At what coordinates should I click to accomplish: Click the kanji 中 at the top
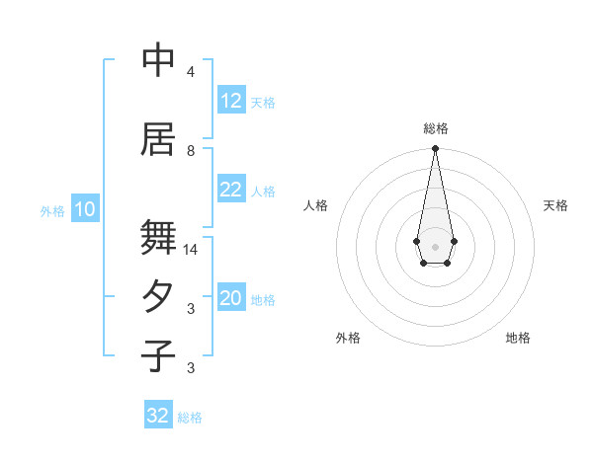click(x=158, y=61)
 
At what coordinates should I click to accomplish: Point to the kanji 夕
click(x=158, y=297)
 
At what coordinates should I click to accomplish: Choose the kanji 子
click(x=158, y=356)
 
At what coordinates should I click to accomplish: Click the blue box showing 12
click(x=231, y=101)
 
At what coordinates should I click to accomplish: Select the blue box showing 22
click(x=231, y=190)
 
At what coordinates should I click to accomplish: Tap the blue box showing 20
click(x=231, y=299)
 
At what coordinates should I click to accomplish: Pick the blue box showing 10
click(x=85, y=209)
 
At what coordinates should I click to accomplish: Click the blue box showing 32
click(x=158, y=416)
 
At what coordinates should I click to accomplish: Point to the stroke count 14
click(x=191, y=250)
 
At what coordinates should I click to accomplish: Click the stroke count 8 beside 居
click(x=191, y=150)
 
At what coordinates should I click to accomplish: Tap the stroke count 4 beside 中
click(x=191, y=72)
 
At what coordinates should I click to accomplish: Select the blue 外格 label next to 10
click(x=52, y=210)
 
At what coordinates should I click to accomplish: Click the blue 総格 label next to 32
click(x=190, y=418)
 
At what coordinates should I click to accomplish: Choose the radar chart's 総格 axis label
click(x=435, y=128)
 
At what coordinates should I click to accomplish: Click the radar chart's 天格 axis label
click(x=555, y=205)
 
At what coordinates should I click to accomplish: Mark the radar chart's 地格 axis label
click(x=518, y=338)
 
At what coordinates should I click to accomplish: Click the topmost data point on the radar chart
click(x=435, y=149)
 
